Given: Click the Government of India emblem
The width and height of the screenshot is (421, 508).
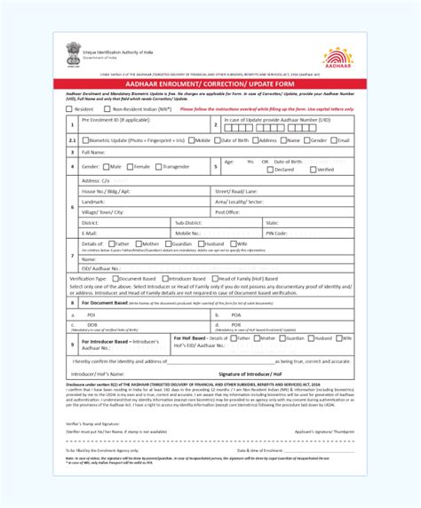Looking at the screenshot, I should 70,52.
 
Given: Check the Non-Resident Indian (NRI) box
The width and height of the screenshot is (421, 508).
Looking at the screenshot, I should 121,109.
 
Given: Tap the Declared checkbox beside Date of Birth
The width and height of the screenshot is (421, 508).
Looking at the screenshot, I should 268,170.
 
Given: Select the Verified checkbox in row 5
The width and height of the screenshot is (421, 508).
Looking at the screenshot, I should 312,170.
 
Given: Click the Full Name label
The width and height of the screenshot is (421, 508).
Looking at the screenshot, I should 95,153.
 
